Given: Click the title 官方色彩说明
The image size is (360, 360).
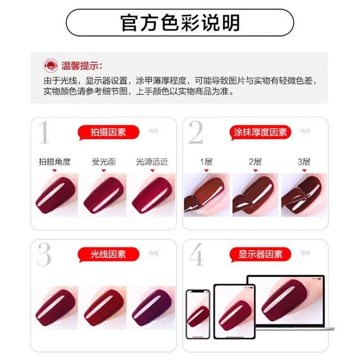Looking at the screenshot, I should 180,22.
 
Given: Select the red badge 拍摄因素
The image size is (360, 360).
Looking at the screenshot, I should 107,132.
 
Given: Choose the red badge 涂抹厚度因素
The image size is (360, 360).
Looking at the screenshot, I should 260,132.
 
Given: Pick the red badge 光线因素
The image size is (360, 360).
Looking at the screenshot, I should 107,254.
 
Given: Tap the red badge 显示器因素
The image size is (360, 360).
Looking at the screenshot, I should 260,254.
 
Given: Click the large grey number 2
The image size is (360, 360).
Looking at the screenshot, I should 196,133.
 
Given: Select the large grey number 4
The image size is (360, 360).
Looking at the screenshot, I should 196,255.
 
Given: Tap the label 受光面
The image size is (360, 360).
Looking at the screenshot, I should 103,161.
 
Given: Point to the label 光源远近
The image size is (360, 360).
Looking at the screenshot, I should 152,161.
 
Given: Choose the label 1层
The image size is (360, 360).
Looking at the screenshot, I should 206,161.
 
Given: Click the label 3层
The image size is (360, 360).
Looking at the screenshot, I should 304,161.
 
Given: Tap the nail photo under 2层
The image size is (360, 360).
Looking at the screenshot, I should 255,195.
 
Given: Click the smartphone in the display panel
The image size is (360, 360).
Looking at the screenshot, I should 197,314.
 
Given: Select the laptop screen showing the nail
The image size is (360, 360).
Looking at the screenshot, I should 286,304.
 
